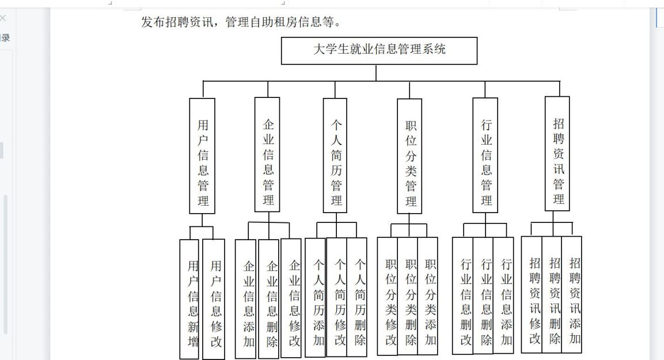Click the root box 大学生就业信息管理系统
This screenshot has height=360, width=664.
coord(379,51)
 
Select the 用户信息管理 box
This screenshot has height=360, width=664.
coord(202,156)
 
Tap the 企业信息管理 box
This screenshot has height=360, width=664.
coord(267,154)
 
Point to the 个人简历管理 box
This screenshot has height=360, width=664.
coord(335,156)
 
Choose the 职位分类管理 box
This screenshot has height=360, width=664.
coord(409,156)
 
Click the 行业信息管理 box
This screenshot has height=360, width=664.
coord(485,156)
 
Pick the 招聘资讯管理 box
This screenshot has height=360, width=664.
coord(557,154)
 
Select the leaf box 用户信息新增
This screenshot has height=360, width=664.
coord(189,300)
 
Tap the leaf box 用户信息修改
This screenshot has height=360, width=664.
coord(214,300)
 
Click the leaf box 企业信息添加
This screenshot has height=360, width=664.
coord(245,299)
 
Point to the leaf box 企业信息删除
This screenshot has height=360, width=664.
coord(269,299)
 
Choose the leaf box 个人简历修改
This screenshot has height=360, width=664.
coord(337,297)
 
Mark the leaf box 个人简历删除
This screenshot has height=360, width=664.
coord(357,297)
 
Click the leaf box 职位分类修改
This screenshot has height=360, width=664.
coord(388,296)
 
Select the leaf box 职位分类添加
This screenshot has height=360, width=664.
coord(428,296)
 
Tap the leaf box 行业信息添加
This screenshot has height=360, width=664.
coord(503,295)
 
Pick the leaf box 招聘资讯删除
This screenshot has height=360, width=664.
coord(552,295)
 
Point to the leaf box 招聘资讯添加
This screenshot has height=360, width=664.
coord(572,295)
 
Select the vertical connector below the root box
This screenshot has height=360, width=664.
coord(376,73)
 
